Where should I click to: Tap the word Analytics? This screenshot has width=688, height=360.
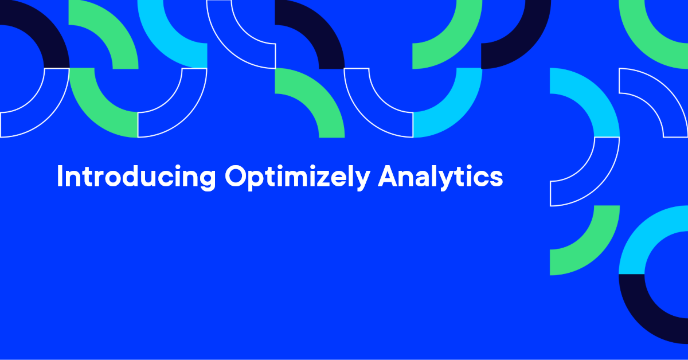click(440, 177)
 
